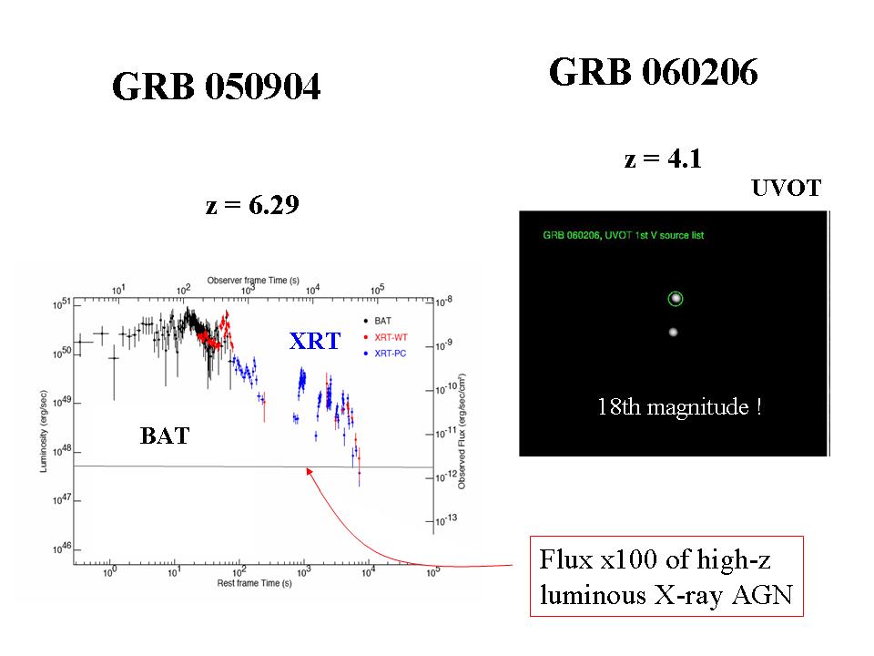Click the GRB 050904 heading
coord(217,87)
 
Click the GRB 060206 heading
coord(654,72)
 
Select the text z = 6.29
coord(252,205)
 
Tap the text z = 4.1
coord(663,159)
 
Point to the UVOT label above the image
coord(786,188)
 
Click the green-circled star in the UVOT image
coord(676,299)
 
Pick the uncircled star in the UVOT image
coord(674,332)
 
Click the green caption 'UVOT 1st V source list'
coord(655,235)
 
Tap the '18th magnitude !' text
coord(679,406)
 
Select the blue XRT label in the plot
coord(315,341)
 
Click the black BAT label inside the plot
coord(165,436)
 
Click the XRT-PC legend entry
coord(384,354)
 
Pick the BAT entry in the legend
coord(377,321)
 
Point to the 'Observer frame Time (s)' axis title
coord(253,281)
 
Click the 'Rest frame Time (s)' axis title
coord(254,583)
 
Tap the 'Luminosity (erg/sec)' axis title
coord(43,431)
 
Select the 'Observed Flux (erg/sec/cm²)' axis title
coord(462,432)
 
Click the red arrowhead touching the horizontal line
coord(309,471)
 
